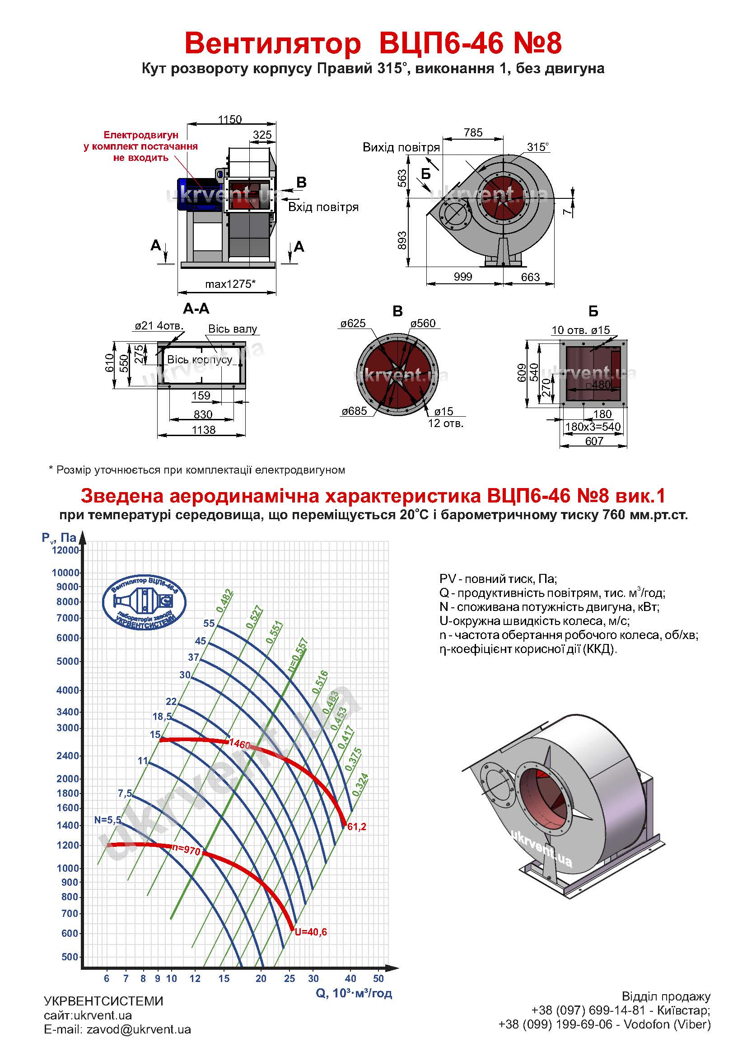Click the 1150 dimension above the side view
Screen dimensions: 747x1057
coord(229,119)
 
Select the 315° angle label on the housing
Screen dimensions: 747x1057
coord(538,147)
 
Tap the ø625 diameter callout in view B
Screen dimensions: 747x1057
coord(353,323)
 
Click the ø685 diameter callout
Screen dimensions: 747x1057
coord(354,411)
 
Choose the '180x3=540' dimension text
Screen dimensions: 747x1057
coord(593,426)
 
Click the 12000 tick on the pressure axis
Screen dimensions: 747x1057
coord(66,550)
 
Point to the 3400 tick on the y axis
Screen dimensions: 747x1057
coord(68,712)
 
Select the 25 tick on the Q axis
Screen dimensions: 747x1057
coord(289,978)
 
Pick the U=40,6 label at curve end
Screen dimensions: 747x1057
coord(310,932)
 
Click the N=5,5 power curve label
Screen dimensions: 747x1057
coord(108,819)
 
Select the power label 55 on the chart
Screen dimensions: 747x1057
coord(209,623)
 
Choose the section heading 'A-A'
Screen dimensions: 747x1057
coord(196,309)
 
